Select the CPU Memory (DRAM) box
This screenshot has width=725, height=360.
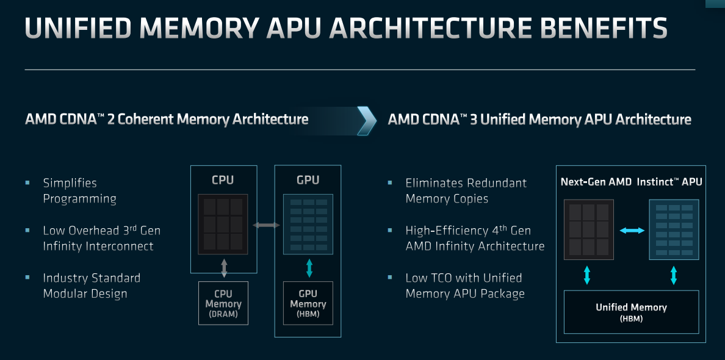[x=223, y=303]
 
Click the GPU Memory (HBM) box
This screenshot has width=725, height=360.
[x=308, y=303]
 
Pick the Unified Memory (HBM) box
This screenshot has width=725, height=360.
[x=631, y=312]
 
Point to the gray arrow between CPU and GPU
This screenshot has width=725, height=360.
[x=266, y=225]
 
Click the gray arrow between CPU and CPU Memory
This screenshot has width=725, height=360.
[x=224, y=268]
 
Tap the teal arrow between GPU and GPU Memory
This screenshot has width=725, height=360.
[x=309, y=268]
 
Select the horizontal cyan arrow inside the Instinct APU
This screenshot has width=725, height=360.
[x=632, y=230]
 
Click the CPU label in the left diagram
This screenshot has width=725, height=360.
[x=223, y=180]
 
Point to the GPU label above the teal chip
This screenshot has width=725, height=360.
[x=308, y=180]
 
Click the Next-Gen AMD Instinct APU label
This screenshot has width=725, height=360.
[x=631, y=182]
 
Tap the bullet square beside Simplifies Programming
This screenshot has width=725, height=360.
[x=27, y=183]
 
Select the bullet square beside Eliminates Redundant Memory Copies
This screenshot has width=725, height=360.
[x=390, y=183]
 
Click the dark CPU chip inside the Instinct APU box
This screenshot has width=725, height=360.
[x=588, y=229]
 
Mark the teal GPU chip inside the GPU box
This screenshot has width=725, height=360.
[x=308, y=224]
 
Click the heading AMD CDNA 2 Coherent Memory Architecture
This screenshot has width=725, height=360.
[x=167, y=119]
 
